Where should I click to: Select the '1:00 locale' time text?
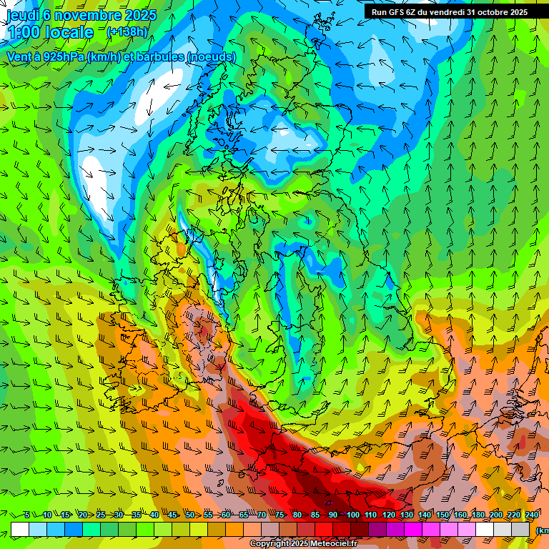click(50, 32)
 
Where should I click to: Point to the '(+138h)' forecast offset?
click(127, 31)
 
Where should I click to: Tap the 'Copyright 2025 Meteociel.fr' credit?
click(304, 544)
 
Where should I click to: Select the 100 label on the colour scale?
click(353, 515)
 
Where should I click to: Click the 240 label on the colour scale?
click(532, 515)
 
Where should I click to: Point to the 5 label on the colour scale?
click(27, 515)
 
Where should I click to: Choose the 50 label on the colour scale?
click(190, 515)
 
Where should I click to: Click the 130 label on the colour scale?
click(407, 515)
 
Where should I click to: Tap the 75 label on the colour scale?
click(280, 515)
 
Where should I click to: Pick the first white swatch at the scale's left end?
click(20, 529)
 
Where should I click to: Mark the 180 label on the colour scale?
click(478, 515)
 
